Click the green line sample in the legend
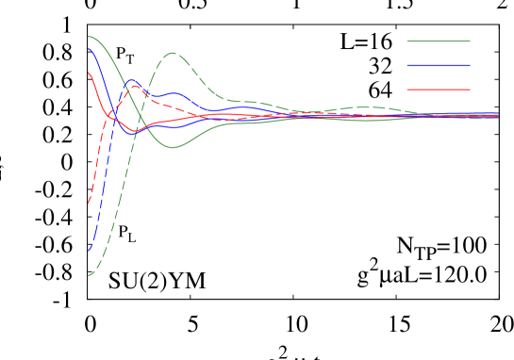click(x=439, y=41)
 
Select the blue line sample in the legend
click(x=439, y=65)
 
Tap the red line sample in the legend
click(x=439, y=90)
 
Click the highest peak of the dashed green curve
click(x=173, y=53)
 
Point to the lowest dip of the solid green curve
click(x=174, y=148)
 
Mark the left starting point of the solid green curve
click(x=89, y=37)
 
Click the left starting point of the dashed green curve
click(x=89, y=275)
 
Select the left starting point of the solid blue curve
click(x=89, y=49)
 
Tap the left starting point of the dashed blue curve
click(x=89, y=251)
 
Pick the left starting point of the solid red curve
click(x=89, y=73)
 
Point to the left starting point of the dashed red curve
click(x=89, y=203)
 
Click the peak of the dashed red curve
click(x=135, y=86)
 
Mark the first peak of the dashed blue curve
click(x=133, y=80)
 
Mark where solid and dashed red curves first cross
click(x=109, y=116)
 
